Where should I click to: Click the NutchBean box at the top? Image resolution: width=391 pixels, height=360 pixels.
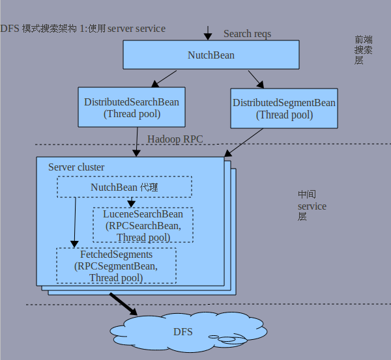click(210, 55)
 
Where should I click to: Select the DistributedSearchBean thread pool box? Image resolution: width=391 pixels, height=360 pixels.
click(132, 107)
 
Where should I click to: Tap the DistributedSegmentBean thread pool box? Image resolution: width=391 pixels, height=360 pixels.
click(284, 109)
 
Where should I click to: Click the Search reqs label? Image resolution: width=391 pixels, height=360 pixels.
click(247, 34)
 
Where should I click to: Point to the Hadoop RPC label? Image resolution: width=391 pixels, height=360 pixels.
click(175, 139)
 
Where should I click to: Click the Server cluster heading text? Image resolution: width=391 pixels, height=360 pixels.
click(76, 167)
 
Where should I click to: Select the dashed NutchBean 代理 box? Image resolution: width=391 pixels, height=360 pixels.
click(124, 187)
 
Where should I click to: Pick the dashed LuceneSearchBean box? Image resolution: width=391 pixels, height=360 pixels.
click(143, 225)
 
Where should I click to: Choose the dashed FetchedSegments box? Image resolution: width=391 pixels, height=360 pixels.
click(116, 266)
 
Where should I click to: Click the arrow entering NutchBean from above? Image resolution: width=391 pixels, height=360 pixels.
click(207, 33)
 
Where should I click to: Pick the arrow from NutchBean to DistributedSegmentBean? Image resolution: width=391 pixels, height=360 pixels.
click(256, 79)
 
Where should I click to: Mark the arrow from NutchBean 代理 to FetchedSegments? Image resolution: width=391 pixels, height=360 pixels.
click(75, 221)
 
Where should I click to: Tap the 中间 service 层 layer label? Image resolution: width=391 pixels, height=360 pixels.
click(311, 206)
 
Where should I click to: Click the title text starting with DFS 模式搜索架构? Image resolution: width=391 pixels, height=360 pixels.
click(83, 29)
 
